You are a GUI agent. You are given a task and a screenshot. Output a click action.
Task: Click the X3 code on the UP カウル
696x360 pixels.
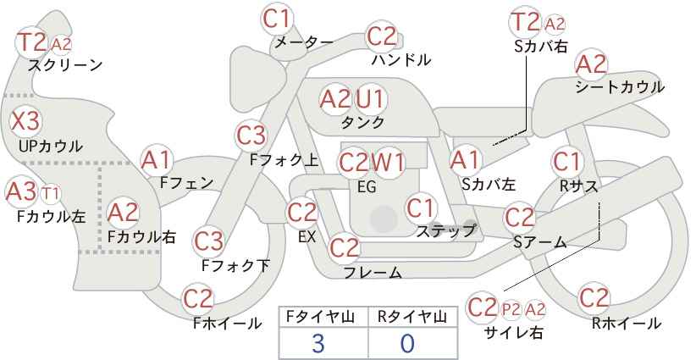click(x=25, y=121)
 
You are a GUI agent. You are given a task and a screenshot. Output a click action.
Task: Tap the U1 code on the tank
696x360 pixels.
click(x=370, y=98)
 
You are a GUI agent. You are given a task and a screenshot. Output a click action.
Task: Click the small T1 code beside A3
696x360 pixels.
click(x=51, y=193)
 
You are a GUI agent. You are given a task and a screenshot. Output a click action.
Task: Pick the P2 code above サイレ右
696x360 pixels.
click(x=511, y=309)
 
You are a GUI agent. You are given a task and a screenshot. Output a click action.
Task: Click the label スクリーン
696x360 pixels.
click(x=65, y=66)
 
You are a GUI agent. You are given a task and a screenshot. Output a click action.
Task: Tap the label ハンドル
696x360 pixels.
click(x=401, y=59)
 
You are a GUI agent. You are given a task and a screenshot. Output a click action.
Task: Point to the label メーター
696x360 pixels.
click(x=304, y=42)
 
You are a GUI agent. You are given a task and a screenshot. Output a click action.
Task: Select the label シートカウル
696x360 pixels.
click(x=620, y=87)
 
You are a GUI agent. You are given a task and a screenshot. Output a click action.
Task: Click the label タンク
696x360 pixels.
click(x=362, y=122)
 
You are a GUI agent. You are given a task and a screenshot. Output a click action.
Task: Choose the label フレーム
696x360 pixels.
click(x=373, y=272)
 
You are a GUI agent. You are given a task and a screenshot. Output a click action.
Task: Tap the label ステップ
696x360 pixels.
click(x=445, y=231)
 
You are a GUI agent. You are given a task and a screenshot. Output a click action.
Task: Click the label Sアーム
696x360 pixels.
click(x=540, y=242)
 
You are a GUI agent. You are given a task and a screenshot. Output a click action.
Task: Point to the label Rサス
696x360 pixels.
click(x=578, y=187)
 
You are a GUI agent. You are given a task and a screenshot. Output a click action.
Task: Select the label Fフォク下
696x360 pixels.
click(x=235, y=266)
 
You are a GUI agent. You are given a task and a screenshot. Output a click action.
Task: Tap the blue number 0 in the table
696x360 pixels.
click(x=407, y=343)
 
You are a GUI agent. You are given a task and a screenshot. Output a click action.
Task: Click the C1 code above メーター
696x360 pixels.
click(x=276, y=19)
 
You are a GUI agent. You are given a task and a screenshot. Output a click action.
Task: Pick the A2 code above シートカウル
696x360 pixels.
click(x=591, y=65)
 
